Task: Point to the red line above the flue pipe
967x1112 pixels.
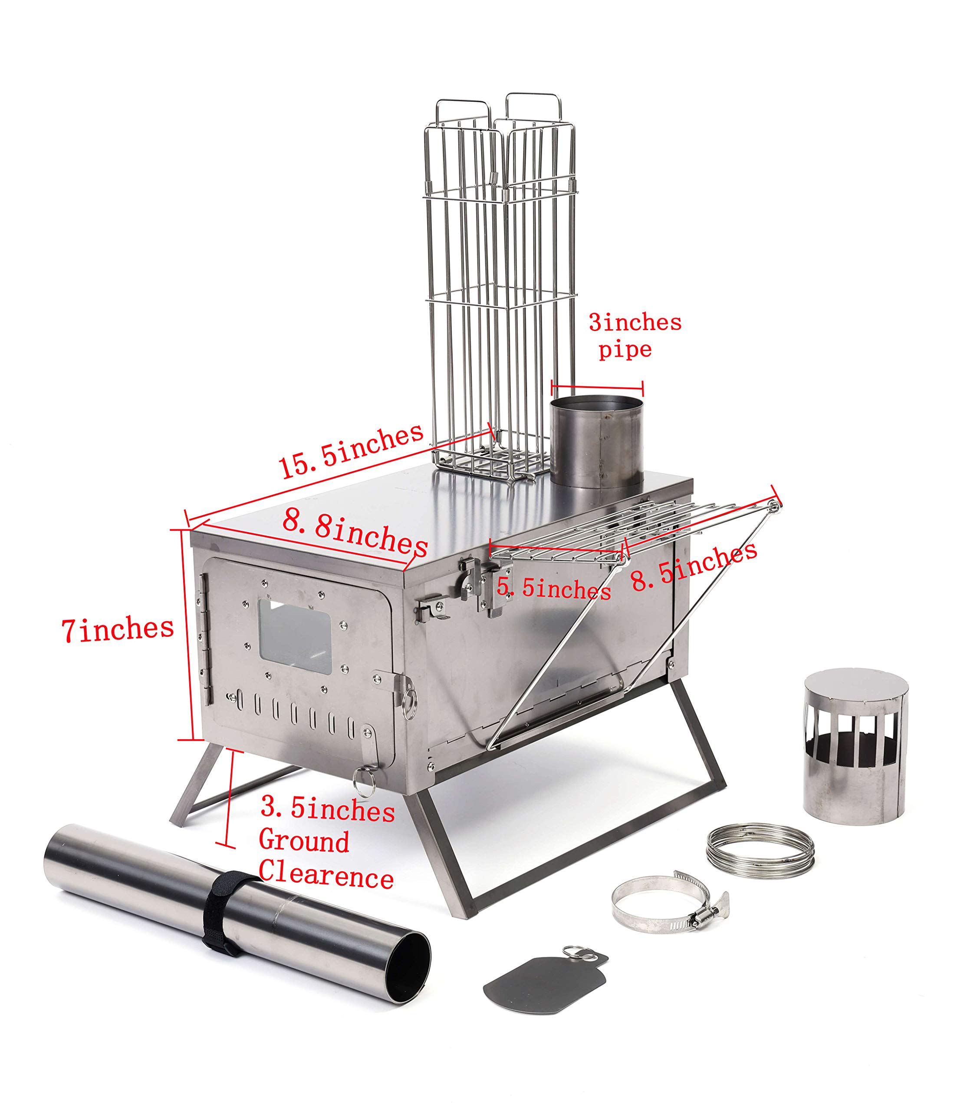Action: click(597, 387)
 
